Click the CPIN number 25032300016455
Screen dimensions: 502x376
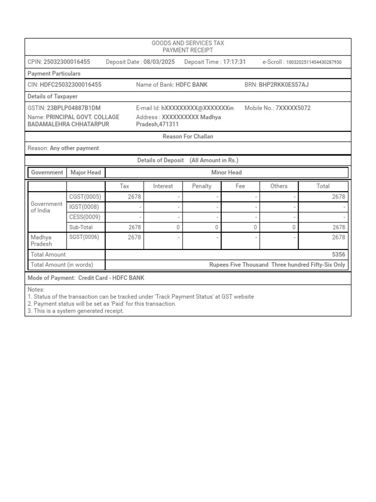[67, 62]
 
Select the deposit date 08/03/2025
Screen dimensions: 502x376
[159, 62]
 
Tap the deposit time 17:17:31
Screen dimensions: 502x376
[234, 62]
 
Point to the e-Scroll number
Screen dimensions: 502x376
[313, 62]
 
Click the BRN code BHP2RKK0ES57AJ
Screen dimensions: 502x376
[283, 85]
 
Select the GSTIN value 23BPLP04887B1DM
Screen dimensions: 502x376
[74, 108]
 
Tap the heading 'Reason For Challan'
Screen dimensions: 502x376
[188, 136]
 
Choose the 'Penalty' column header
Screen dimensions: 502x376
[202, 186]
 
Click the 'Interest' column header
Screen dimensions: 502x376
[163, 186]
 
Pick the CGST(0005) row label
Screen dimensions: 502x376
[85, 197]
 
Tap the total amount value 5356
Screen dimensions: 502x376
[338, 254]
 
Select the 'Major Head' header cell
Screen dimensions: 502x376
[86, 173]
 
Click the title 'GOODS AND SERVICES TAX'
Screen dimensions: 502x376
[188, 43]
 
